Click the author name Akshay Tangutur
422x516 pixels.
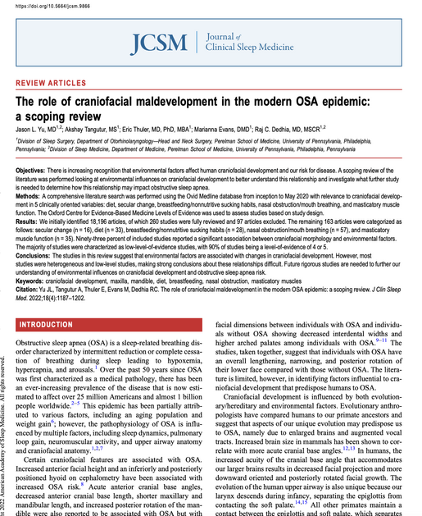tap(88, 128)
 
